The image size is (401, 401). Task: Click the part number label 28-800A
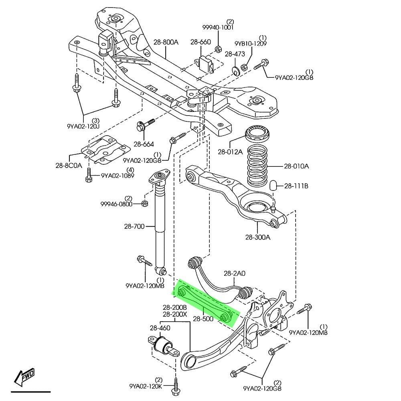click(x=166, y=42)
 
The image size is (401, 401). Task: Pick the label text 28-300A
click(x=258, y=237)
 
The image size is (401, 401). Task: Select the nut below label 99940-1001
click(x=219, y=49)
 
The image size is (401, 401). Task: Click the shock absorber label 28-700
click(x=134, y=227)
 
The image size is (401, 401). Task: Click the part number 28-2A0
click(x=234, y=273)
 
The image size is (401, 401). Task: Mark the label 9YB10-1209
click(x=250, y=43)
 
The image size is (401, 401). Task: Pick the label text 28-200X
click(x=174, y=314)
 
